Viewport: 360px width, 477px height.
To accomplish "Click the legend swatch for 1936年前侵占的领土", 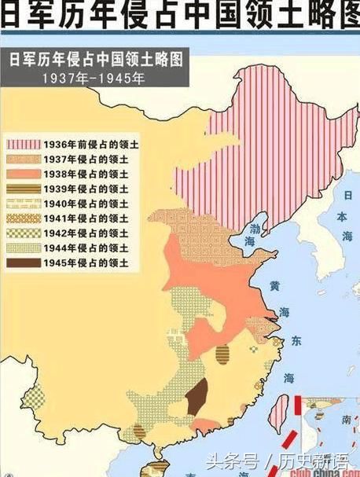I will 23,144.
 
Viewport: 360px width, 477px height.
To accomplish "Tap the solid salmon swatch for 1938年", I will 23,174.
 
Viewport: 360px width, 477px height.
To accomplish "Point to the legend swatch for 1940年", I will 23,203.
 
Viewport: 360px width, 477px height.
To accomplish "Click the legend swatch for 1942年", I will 23,232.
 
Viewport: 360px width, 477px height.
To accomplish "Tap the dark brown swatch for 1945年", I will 23,261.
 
